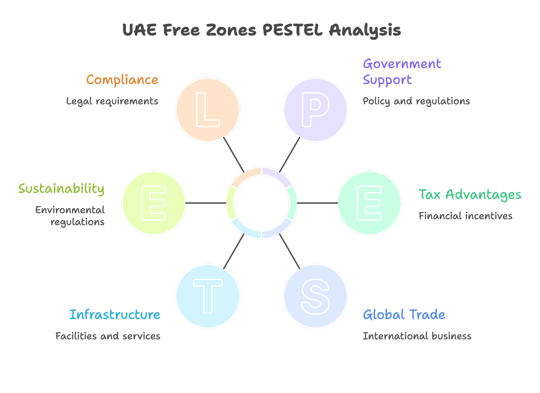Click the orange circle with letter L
click(208, 110)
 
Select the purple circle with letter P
click(315, 110)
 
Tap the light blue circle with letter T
click(208, 296)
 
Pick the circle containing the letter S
click(315, 296)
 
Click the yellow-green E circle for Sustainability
click(154, 203)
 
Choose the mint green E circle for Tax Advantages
click(369, 203)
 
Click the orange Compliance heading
click(122, 80)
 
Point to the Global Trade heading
click(404, 315)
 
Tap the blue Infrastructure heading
click(115, 315)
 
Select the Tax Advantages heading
click(470, 195)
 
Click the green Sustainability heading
click(61, 189)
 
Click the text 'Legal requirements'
click(112, 101)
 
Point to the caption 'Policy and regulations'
click(416, 101)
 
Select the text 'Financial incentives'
click(465, 216)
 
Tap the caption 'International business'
click(417, 336)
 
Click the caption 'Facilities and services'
click(108, 336)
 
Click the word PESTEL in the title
click(292, 30)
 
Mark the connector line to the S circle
click(290, 251)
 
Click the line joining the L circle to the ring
click(234, 155)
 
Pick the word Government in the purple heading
click(402, 64)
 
